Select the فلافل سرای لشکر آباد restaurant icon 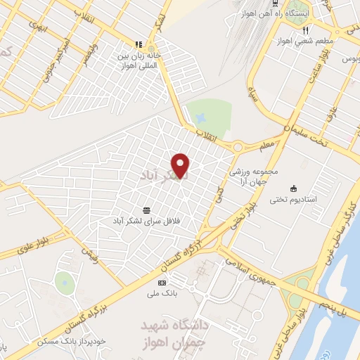146,210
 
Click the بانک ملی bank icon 162,282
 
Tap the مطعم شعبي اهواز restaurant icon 306,30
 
